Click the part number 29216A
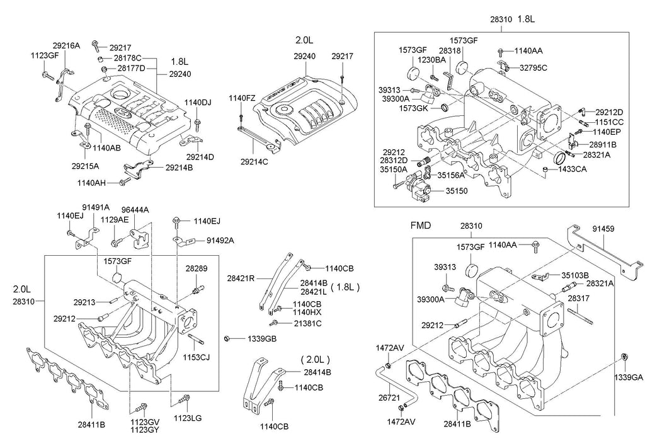66,46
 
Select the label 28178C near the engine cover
127,58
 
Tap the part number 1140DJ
198,102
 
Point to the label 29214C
254,161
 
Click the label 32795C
534,67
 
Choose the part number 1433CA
573,169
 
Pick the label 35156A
451,176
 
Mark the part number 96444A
135,210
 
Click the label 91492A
220,240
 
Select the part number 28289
196,268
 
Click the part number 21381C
307,323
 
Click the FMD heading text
420,225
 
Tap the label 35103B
574,275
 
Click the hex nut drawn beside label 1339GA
624,358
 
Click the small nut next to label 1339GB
227,339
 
